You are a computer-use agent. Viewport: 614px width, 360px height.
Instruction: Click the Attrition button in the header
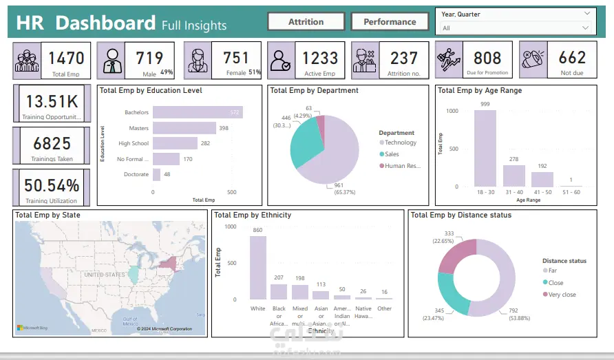point(306,21)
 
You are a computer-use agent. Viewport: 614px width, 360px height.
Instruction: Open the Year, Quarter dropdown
point(516,14)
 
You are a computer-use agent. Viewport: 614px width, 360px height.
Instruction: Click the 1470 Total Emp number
point(66,58)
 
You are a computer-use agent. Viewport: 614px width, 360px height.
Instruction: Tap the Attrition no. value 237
point(404,59)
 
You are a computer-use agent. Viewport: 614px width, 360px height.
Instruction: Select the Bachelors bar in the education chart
point(196,112)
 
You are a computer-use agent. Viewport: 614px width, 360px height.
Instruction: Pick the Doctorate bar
point(157,174)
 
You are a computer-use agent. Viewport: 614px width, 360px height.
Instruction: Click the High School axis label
point(134,143)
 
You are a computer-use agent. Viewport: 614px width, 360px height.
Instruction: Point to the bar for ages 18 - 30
point(485,148)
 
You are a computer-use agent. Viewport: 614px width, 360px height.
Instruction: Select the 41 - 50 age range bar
point(542,179)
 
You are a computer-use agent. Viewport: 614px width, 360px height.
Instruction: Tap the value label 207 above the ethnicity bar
point(279,277)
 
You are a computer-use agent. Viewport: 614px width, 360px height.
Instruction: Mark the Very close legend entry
point(563,295)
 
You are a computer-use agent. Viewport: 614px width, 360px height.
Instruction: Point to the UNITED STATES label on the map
point(104,274)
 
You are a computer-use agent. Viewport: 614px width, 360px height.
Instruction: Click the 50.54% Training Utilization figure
point(52,185)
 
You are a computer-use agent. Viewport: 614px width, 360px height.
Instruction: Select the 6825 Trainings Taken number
point(52,143)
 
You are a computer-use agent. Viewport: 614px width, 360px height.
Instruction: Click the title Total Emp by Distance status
point(460,215)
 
